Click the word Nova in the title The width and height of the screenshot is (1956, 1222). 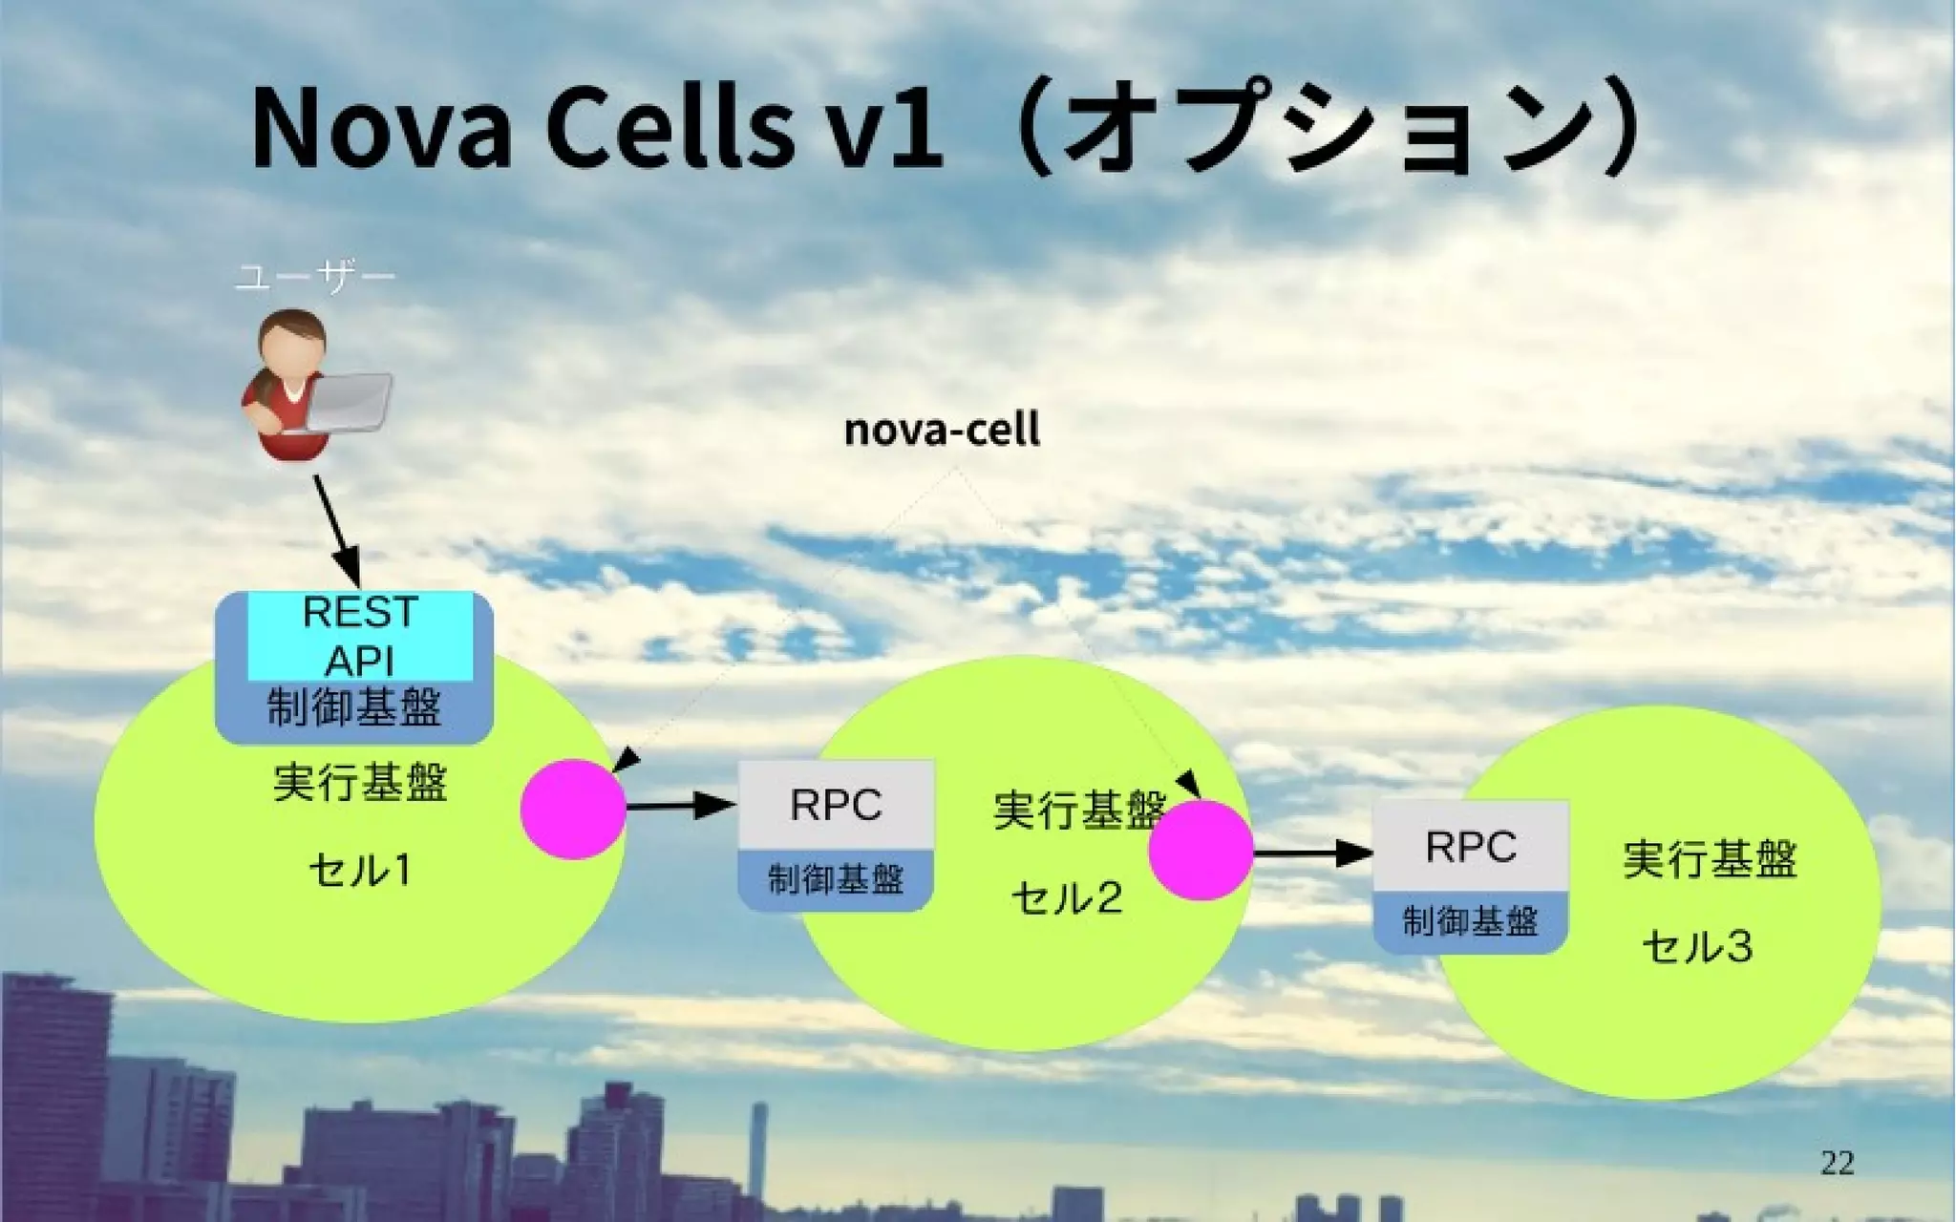coord(381,130)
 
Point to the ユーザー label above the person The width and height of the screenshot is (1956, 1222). coord(314,278)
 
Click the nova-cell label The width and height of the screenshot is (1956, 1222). coord(942,430)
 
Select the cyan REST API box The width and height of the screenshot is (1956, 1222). coord(360,635)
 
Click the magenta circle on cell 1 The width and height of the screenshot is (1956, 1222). coord(573,809)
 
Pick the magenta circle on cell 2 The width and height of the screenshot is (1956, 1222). coord(1201,851)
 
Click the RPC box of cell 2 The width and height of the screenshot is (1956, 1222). coord(836,805)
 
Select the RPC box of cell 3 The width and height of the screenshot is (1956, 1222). coord(1471,847)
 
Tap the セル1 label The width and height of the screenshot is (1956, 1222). coord(360,870)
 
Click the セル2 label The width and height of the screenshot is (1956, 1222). coord(1067,897)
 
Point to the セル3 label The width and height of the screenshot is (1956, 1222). coord(1697,946)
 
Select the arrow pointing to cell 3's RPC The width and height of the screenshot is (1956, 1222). coord(1313,852)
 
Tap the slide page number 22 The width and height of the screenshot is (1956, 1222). coord(1837,1163)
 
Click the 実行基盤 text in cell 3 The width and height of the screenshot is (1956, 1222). coord(1710,859)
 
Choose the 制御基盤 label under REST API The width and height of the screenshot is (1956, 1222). coord(354,708)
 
